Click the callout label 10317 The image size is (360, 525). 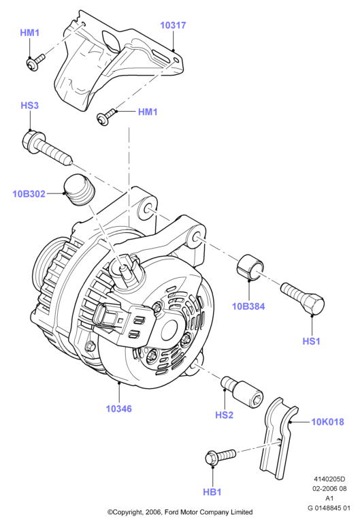click(x=173, y=25)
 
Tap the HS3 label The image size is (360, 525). click(x=29, y=106)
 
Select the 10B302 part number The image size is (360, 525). click(x=29, y=194)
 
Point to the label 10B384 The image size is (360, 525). click(x=248, y=306)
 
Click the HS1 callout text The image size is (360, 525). click(x=312, y=341)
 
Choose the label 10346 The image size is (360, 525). click(x=119, y=409)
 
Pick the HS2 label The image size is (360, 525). click(x=224, y=415)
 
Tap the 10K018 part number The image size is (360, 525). click(x=327, y=422)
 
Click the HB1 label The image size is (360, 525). click(x=212, y=492)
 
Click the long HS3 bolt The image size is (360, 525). click(x=47, y=146)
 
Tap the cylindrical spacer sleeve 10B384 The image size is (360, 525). click(x=250, y=267)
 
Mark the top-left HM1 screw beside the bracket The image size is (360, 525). click(x=35, y=62)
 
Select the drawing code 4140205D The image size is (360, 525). click(x=329, y=479)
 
